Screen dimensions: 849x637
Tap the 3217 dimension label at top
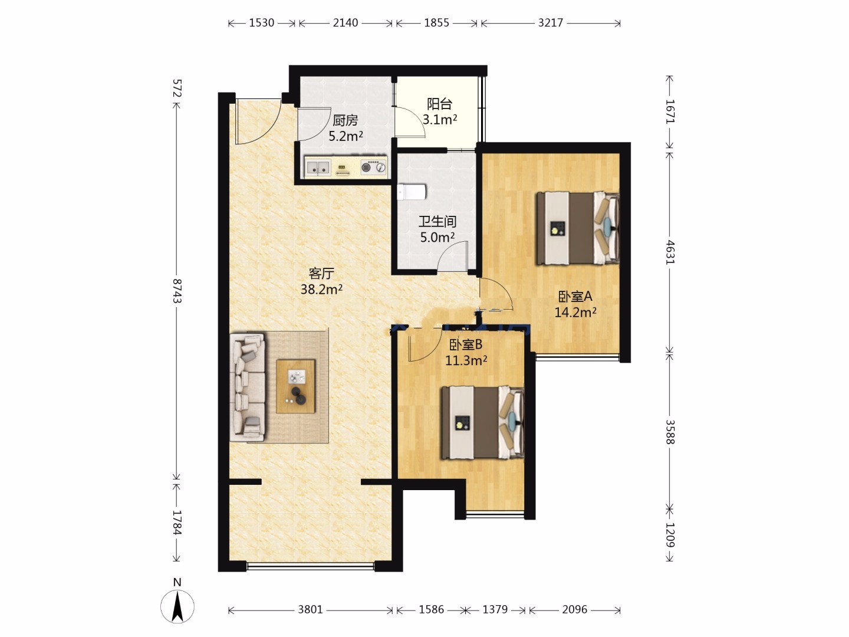click(551, 23)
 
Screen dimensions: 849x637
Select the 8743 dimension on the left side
click(177, 291)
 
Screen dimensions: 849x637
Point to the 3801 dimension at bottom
click(310, 609)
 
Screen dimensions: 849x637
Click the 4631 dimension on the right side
click(670, 252)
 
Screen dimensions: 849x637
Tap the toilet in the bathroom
click(412, 192)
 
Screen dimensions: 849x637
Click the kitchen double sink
click(318, 168)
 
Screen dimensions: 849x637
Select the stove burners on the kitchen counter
click(373, 167)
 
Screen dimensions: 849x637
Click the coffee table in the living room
click(295, 386)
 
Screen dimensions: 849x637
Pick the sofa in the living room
click(248, 387)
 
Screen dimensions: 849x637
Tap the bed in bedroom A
click(577, 228)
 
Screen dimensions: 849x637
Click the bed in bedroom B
click(483, 423)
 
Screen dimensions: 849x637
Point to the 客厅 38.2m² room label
click(321, 281)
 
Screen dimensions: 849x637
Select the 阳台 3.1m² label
click(440, 112)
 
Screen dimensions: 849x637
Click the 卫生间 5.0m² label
click(437, 229)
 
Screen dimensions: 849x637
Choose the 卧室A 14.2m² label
click(575, 304)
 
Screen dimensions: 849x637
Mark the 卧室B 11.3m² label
click(466, 352)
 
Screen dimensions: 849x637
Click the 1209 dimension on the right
click(670, 536)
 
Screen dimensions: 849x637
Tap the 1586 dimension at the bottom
click(431, 609)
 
